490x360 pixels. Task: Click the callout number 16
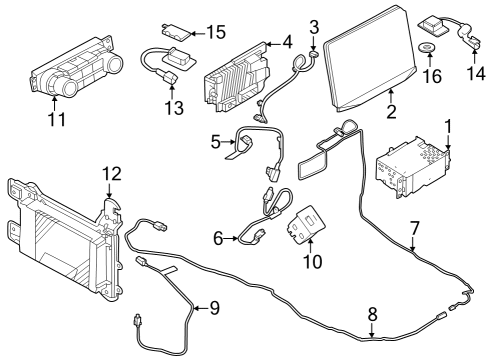coord(433,76)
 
